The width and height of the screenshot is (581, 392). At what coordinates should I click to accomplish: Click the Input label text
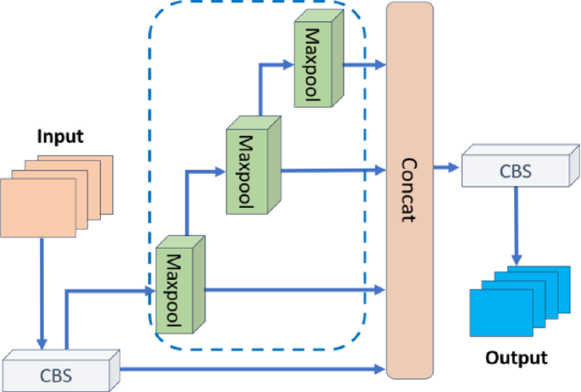tap(60, 136)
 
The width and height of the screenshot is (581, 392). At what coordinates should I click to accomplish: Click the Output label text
tap(516, 357)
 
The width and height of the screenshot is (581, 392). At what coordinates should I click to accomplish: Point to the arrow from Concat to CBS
tap(445, 168)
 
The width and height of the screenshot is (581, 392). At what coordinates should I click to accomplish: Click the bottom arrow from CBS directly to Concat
tap(254, 368)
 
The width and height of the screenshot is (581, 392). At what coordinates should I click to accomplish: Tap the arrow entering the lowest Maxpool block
tap(110, 290)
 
